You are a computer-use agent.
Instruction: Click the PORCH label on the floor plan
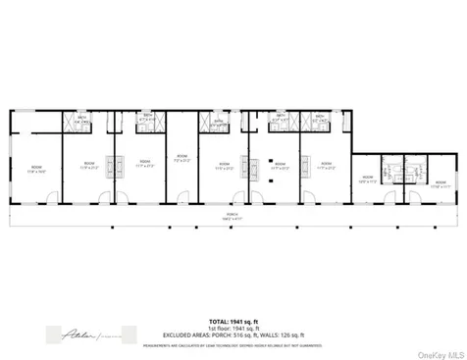click(233, 216)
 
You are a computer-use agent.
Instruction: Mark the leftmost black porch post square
click(29, 229)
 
